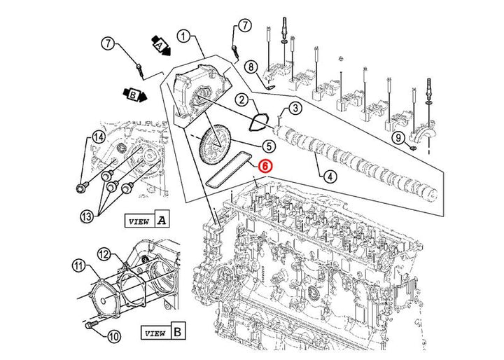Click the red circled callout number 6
pos(265,166)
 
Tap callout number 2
pos(240,101)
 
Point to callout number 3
pos(295,108)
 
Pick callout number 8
pos(251,67)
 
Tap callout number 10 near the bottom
pos(115,335)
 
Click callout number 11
pos(78,265)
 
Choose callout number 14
pos(97,137)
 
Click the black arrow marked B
pos(134,93)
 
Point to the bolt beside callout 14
pos(81,188)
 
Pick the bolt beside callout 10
pos(90,326)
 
